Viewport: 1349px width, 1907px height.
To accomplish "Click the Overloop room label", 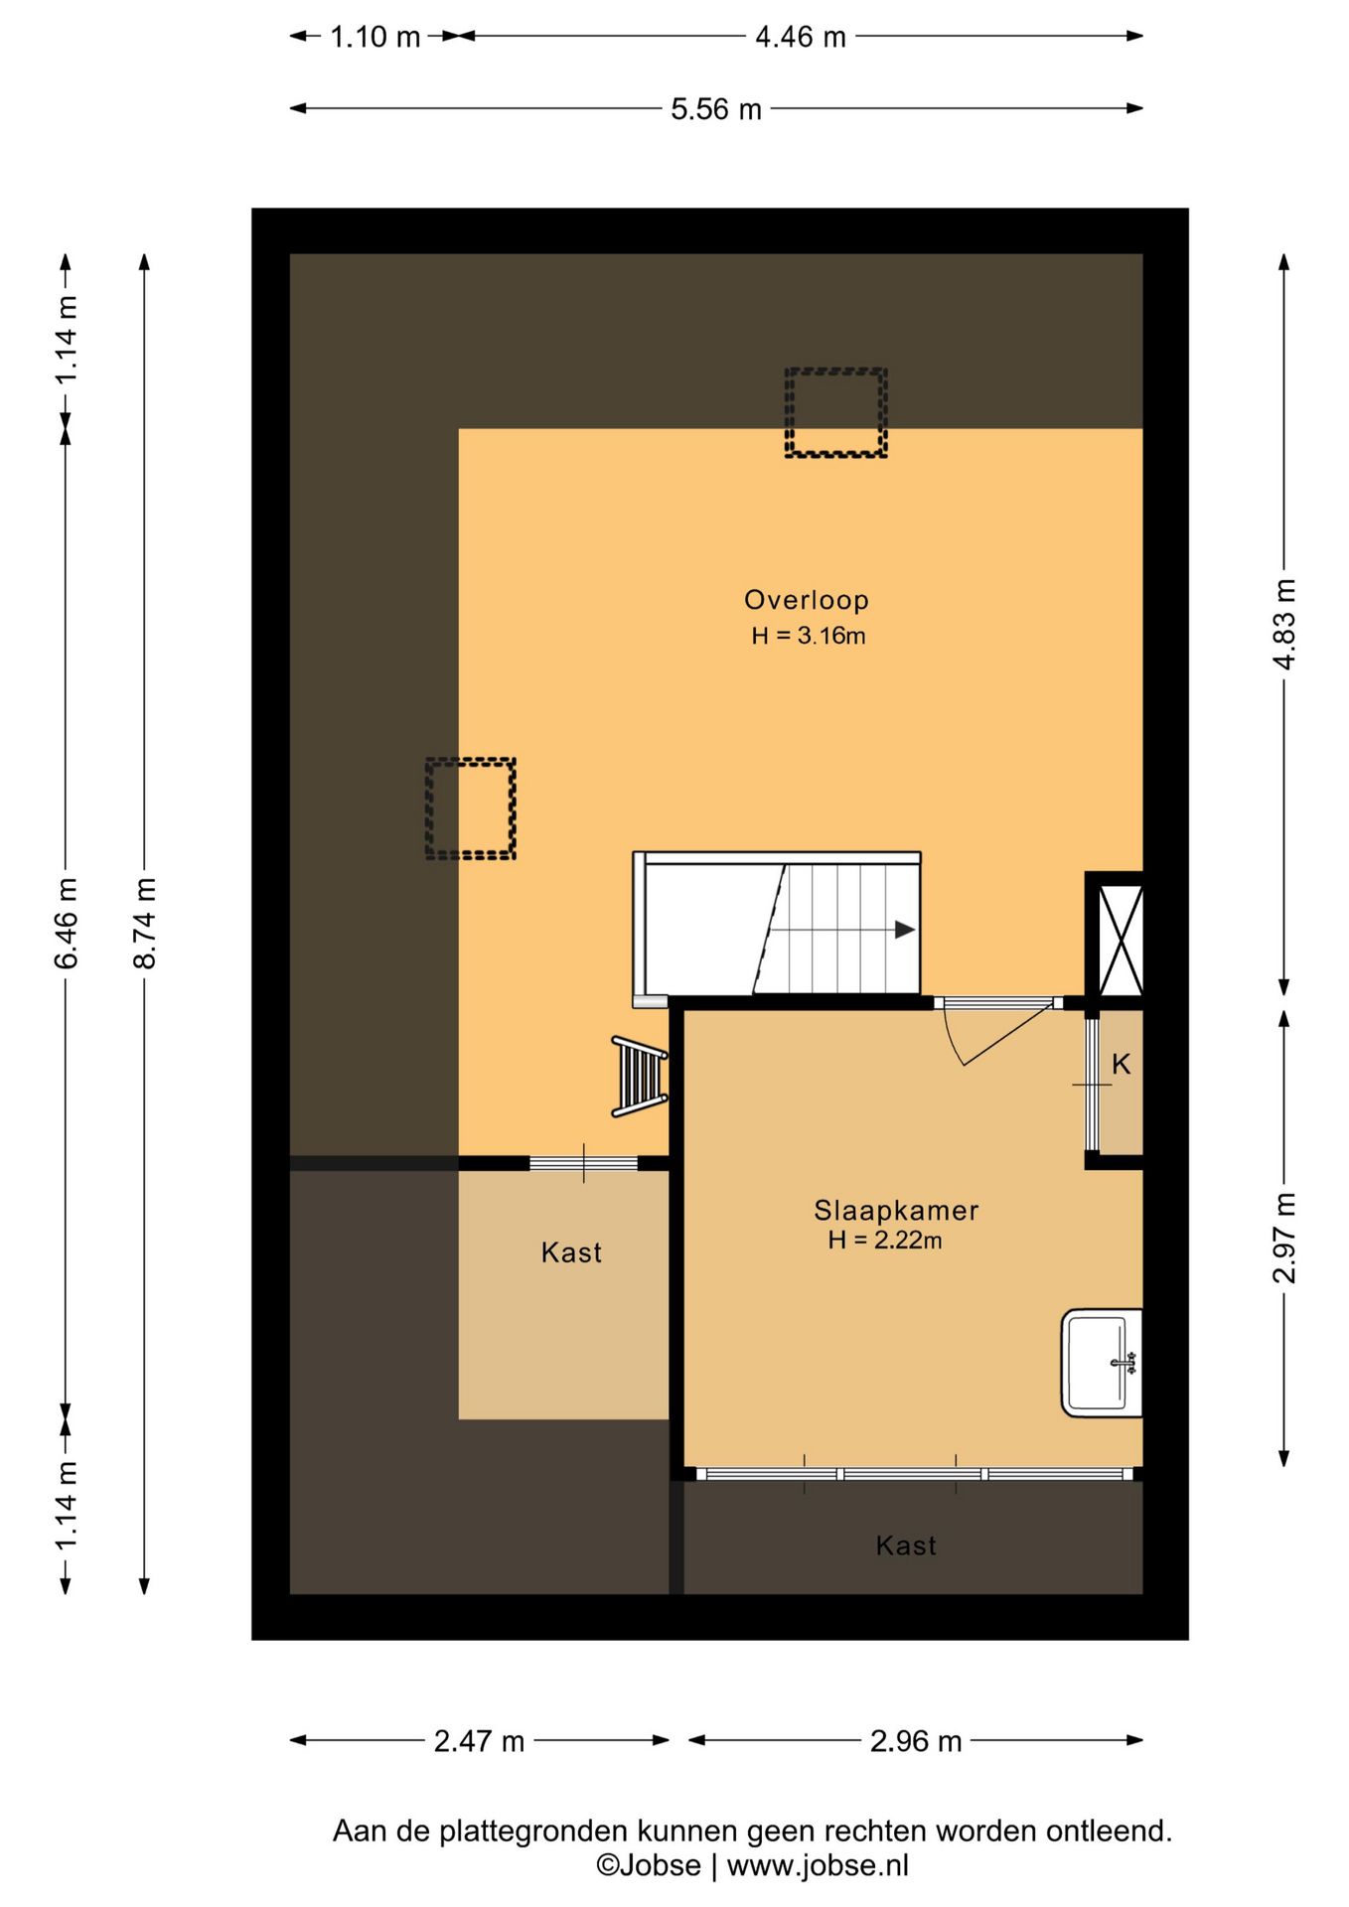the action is coord(807,600).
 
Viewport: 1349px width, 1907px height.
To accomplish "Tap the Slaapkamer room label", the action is coord(896,1211).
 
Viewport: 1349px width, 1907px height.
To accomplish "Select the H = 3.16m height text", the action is coord(809,636).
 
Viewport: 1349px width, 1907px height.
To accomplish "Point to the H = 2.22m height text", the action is coord(885,1240).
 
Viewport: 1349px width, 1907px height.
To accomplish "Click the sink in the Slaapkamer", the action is coord(1102,1363).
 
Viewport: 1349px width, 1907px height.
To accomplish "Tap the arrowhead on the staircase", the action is coord(904,930).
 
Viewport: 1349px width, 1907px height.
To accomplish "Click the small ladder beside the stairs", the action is coord(641,1077).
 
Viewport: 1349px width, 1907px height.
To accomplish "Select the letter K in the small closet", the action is coord(1122,1065).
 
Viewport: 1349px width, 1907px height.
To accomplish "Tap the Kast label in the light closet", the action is coord(571,1252).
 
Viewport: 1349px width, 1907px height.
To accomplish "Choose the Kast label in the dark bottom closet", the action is coord(906,1545).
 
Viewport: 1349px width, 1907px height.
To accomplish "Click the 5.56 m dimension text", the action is coord(716,109).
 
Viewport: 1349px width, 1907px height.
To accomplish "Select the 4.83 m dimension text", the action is coord(1284,624).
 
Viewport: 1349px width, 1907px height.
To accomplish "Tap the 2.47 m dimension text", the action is coord(479,1741).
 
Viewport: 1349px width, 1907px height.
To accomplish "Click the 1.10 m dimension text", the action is coord(375,38).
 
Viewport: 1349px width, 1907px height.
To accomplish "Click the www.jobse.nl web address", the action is coord(818,1865).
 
